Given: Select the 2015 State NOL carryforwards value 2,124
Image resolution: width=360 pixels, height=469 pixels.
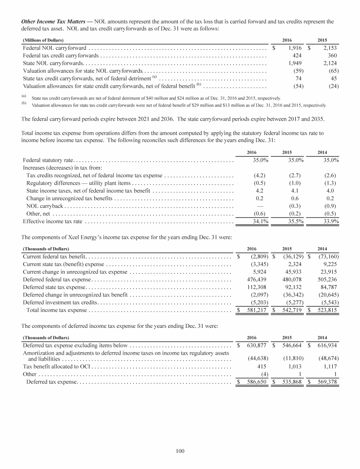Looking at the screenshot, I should pyautogui.click(x=327, y=63).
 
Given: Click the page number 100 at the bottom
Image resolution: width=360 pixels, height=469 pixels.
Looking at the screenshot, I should pyautogui.click(x=180, y=451).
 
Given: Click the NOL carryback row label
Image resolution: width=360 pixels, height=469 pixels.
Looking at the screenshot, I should pyautogui.click(x=43, y=206).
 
